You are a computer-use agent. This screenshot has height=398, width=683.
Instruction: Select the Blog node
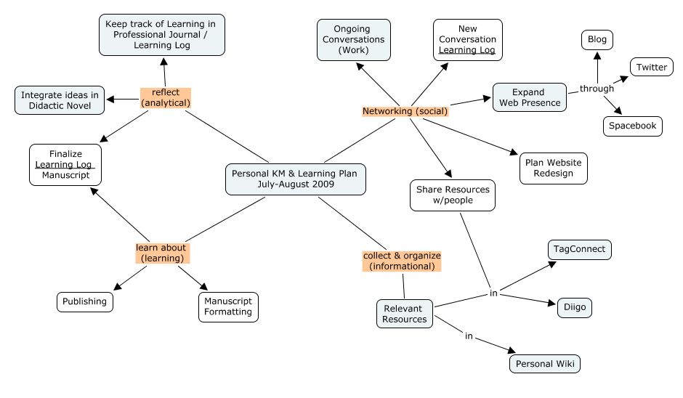click(597, 39)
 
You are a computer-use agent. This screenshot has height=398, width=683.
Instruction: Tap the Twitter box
click(651, 67)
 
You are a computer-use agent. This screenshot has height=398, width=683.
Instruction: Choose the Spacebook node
click(631, 126)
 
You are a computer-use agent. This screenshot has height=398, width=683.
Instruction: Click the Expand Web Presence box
click(528, 97)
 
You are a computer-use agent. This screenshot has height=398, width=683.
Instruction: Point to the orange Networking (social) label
click(405, 111)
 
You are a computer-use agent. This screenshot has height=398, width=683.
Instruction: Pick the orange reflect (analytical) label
click(165, 97)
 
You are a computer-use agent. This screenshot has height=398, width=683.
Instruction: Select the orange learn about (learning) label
click(161, 253)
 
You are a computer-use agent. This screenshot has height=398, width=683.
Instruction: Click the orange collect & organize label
click(401, 261)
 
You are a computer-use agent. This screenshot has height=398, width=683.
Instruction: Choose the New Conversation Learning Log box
click(467, 39)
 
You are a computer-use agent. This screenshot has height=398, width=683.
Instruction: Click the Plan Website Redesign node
click(553, 168)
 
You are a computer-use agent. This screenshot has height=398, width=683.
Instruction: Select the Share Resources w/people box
click(452, 195)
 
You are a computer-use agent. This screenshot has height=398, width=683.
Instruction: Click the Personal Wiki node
click(544, 363)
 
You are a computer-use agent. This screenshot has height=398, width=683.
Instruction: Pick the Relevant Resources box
click(404, 314)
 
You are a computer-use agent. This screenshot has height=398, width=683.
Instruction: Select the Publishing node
click(85, 301)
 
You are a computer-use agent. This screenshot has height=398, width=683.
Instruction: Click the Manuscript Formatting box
click(227, 306)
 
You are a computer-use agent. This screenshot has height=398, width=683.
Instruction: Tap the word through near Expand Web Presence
click(597, 89)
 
